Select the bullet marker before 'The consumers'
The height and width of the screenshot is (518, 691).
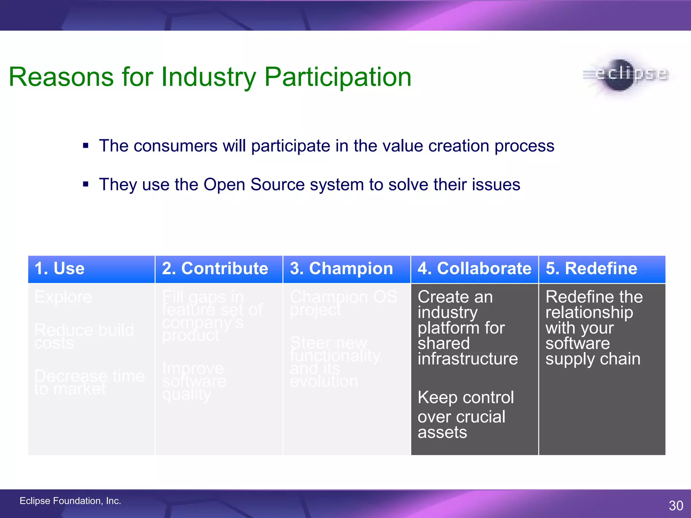pos(86,146)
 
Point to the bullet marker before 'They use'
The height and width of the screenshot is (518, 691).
pos(86,184)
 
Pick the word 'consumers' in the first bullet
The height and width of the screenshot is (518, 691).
pos(175,146)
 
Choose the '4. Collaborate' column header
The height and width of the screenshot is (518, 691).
pos(474,268)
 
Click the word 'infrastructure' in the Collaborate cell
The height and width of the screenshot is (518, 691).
pos(468,358)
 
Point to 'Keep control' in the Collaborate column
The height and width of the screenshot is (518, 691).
pos(466,397)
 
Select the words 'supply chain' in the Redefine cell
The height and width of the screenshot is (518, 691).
pos(593,359)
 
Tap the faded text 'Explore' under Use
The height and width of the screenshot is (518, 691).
pos(63,297)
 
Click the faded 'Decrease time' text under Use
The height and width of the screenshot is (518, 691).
pos(89,376)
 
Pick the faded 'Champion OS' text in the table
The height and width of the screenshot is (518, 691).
pos(343,297)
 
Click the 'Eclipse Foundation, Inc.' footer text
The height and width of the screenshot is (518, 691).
pos(70,501)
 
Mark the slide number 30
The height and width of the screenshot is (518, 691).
pos(676,506)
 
